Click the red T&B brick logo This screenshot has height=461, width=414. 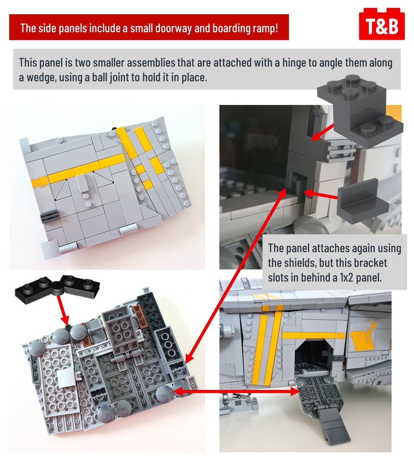pyautogui.click(x=381, y=24)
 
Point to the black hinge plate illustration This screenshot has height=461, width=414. pyautogui.click(x=57, y=286)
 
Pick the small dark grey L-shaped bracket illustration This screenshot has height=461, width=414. pyautogui.click(x=363, y=199)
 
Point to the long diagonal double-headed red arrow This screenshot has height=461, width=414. pyautogui.click(x=235, y=275)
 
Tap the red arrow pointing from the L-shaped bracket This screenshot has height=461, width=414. pyautogui.click(x=320, y=194)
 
